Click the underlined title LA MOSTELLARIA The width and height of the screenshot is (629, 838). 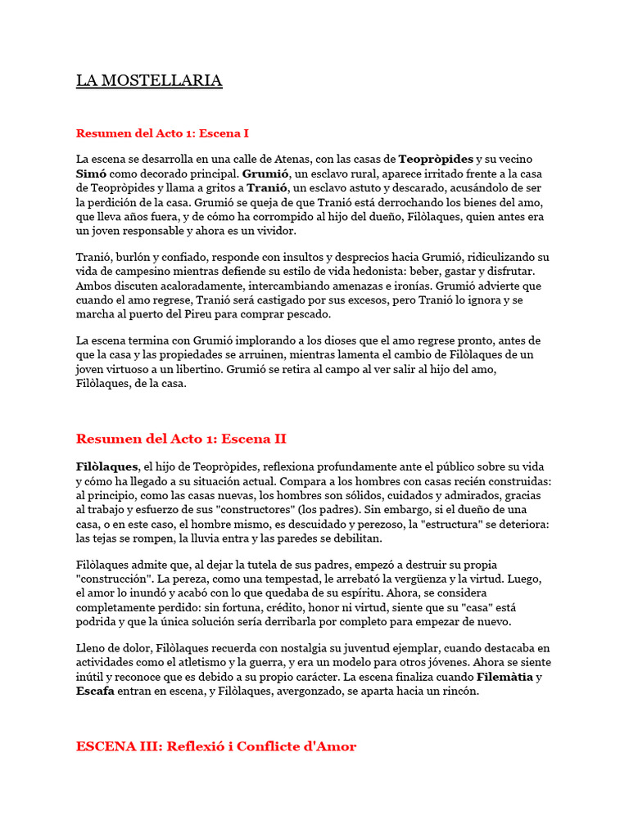[x=149, y=80]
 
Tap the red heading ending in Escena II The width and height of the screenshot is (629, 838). [x=181, y=439]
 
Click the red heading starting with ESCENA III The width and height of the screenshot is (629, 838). [x=216, y=746]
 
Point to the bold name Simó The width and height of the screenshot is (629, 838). [x=91, y=173]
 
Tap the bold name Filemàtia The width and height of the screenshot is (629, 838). [x=505, y=677]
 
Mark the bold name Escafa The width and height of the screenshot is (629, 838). [x=95, y=692]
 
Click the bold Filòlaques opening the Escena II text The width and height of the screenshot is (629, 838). [x=107, y=466]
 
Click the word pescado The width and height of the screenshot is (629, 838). [x=305, y=315]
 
